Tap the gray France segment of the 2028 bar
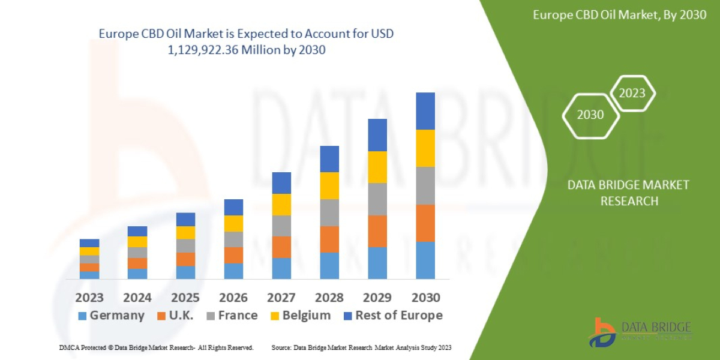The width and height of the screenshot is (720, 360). tap(329, 212)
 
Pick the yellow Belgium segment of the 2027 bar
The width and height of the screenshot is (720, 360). tap(281, 205)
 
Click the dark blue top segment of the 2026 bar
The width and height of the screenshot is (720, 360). tap(233, 207)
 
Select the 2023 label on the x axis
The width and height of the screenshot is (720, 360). tap(89, 298)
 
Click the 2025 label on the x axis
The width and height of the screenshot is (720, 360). tap(185, 298)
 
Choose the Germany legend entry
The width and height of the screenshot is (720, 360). tap(112, 316)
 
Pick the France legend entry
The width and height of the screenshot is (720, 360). tap(232, 316)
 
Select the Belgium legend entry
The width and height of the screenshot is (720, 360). tap(300, 316)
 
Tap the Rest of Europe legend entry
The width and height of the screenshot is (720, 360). tap(393, 316)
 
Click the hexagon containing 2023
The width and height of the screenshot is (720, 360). tap(632, 93)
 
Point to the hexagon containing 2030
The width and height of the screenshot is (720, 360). tap(590, 115)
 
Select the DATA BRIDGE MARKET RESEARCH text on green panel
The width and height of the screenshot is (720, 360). tap(628, 193)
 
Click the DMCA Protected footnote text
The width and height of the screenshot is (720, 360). tap(156, 347)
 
